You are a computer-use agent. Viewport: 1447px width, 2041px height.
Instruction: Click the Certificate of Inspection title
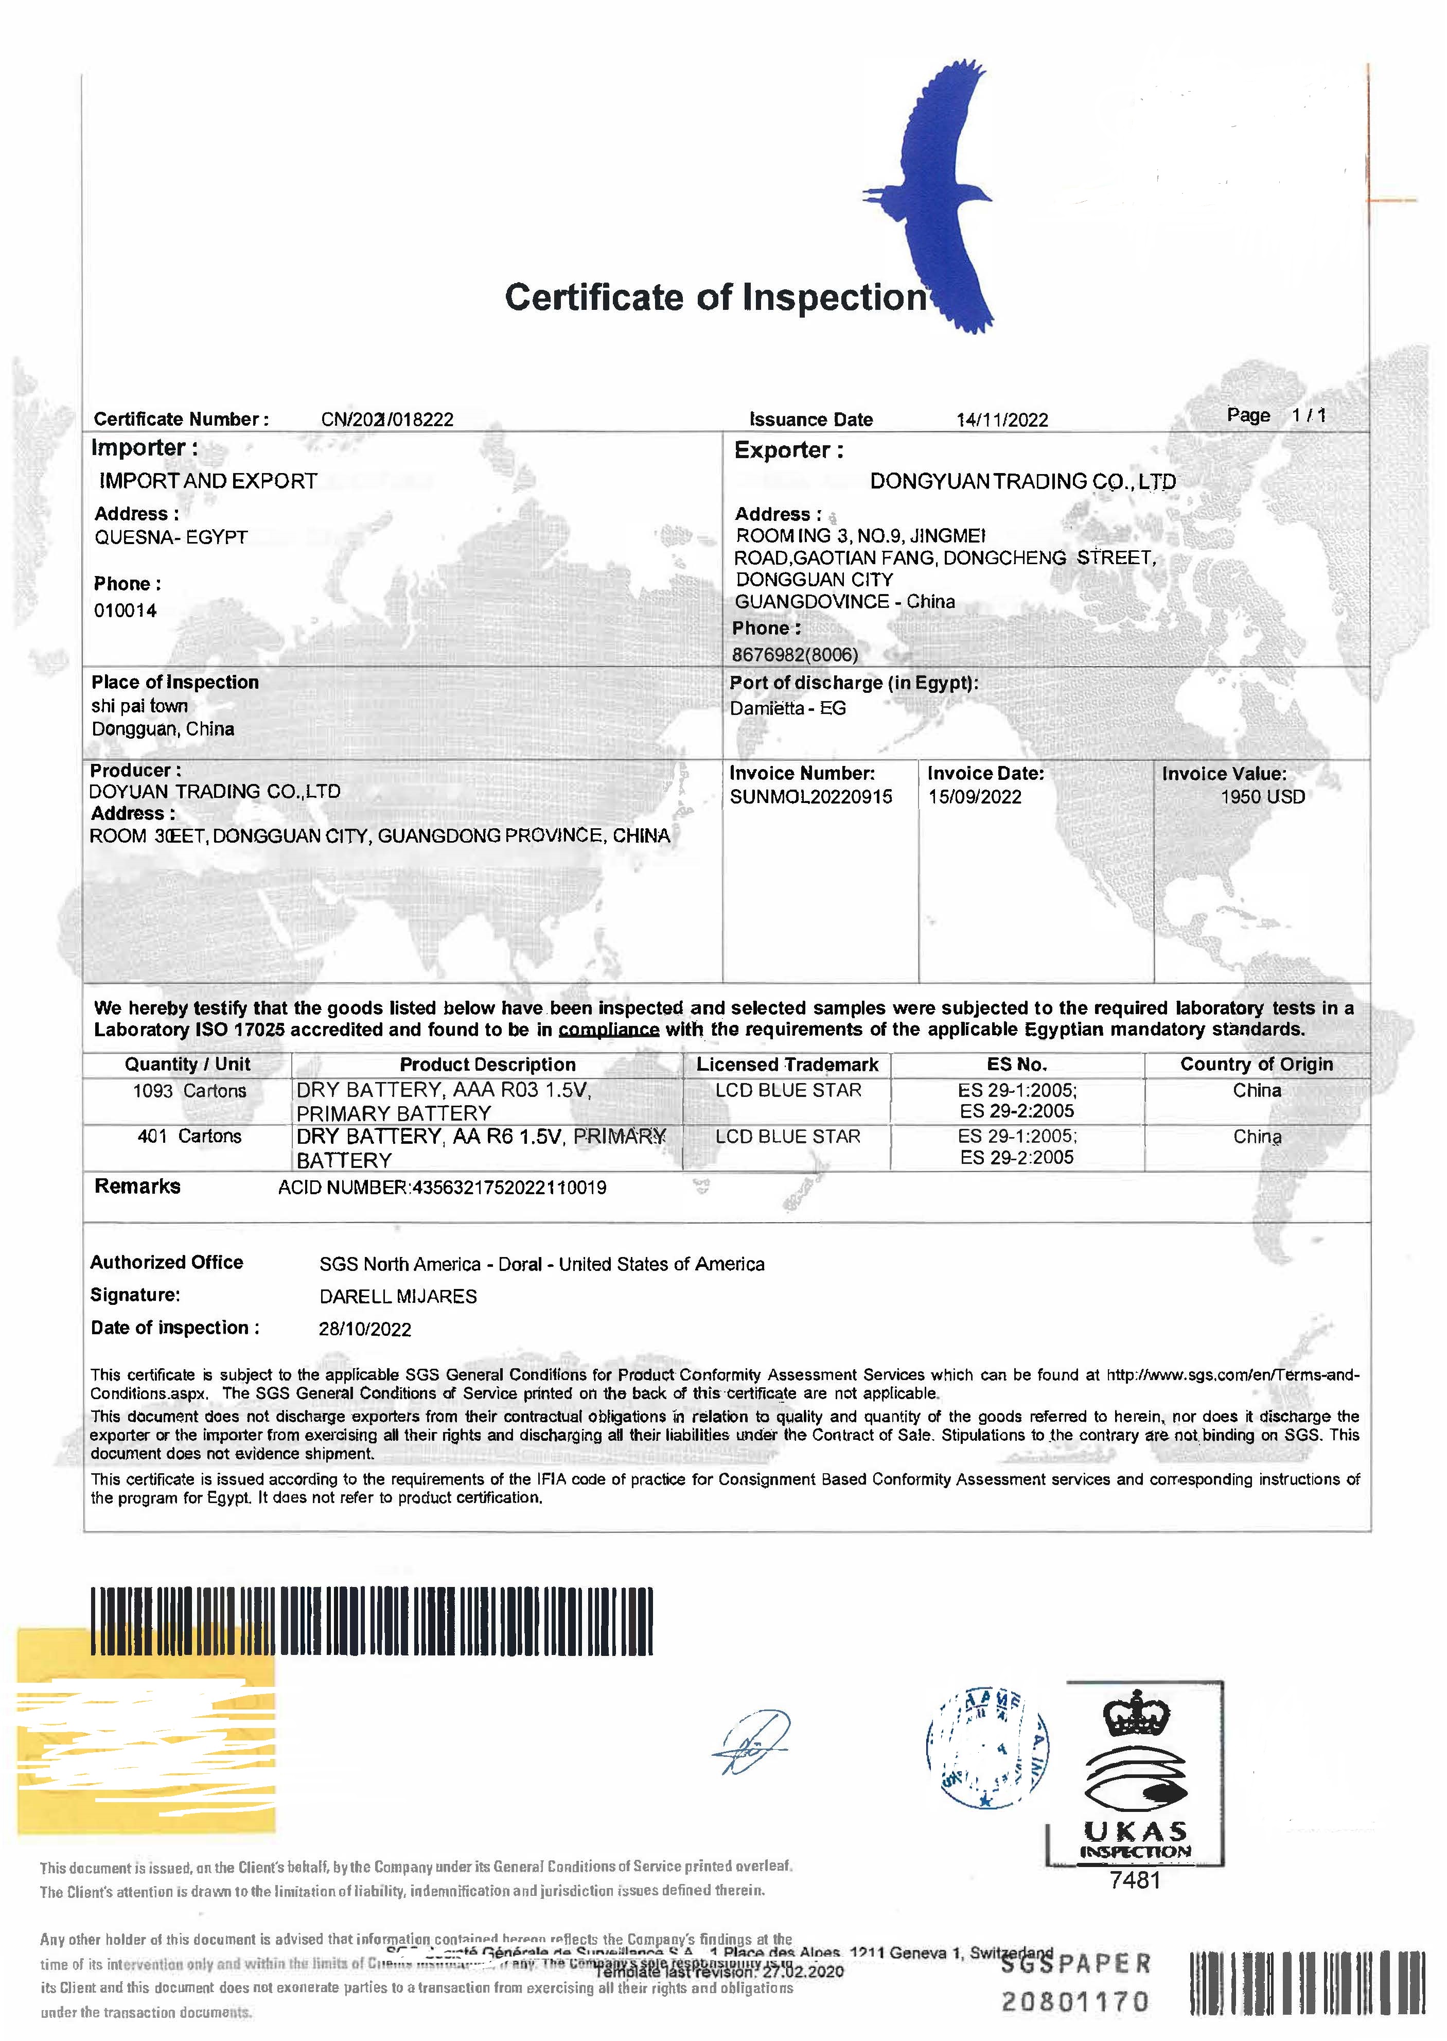(x=715, y=298)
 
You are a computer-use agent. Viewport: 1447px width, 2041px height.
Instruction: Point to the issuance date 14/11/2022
(x=1002, y=420)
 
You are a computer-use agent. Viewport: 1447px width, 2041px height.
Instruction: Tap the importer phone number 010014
(x=126, y=610)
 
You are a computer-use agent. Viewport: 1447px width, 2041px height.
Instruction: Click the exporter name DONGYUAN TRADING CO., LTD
(x=1022, y=481)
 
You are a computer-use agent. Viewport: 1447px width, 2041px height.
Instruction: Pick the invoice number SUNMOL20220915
(x=811, y=797)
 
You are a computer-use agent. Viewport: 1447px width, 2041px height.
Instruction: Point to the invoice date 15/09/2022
(x=975, y=797)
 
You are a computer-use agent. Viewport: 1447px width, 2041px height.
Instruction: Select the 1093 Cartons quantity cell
(x=189, y=1091)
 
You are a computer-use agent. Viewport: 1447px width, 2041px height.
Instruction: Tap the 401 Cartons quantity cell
(x=189, y=1137)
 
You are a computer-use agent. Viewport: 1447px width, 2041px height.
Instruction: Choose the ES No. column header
(x=1017, y=1064)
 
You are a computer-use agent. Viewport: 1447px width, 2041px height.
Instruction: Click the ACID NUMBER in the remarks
(x=442, y=1187)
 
